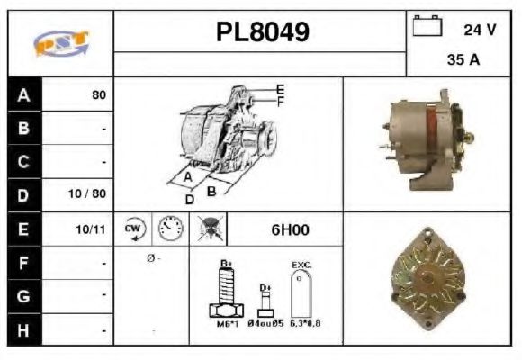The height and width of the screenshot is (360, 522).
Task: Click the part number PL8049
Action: pos(262,32)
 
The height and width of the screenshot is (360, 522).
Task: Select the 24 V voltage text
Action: pos(479,30)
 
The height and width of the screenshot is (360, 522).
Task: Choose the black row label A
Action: pos(23,94)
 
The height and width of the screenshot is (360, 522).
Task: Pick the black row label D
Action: pos(23,194)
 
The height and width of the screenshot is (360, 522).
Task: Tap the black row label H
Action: pos(23,330)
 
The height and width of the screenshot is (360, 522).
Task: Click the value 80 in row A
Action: pos(98,94)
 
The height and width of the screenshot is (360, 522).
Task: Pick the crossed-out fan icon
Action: pos(210,229)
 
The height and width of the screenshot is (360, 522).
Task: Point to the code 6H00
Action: pos(291,229)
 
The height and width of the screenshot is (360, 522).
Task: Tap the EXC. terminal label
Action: pos(301,265)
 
